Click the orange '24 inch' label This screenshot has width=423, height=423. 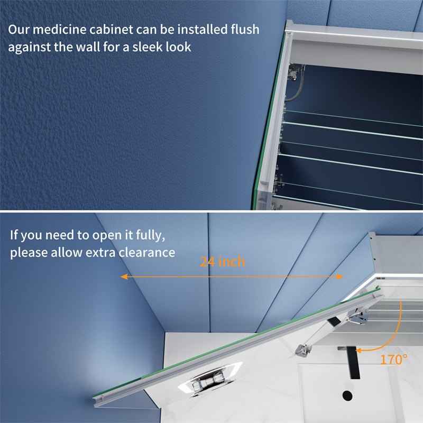[222, 261]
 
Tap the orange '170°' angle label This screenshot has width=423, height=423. [394, 360]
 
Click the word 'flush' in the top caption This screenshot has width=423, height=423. [242, 30]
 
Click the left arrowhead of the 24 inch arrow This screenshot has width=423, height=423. [123, 277]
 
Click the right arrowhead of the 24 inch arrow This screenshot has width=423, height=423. [339, 277]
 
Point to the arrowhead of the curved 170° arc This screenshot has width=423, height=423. [360, 350]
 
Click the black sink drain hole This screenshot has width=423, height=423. [347, 394]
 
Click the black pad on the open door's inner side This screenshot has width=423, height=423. [334, 320]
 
